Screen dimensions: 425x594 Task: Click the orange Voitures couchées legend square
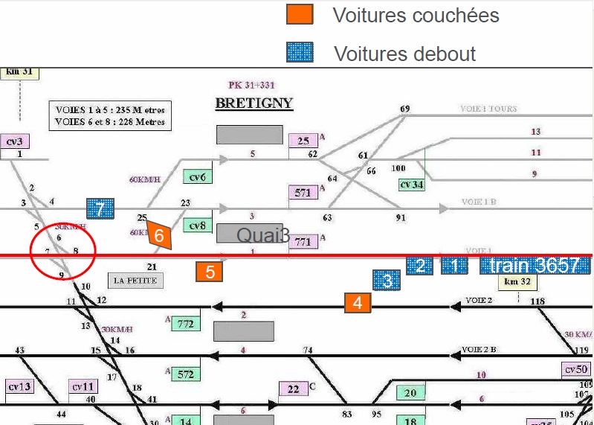[300, 15]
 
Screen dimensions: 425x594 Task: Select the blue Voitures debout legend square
[300, 53]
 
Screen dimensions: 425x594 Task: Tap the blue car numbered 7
[100, 210]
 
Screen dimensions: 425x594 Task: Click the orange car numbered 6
[159, 235]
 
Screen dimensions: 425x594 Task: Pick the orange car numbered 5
[210, 272]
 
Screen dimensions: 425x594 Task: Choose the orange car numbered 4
[358, 302]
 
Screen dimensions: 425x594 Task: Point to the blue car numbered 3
[387, 281]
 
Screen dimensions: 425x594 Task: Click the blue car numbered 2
[420, 266]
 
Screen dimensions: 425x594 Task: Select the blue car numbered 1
[455, 266]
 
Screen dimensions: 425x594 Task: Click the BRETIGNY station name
[254, 103]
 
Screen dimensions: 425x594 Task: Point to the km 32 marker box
[517, 281]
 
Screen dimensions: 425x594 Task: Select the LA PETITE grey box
[135, 281]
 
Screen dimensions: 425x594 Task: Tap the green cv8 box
[198, 225]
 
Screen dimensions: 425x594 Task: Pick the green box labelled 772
[186, 324]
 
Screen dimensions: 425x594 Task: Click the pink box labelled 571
[303, 193]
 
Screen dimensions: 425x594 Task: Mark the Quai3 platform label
[262, 235]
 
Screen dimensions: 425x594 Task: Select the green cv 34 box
[411, 184]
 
